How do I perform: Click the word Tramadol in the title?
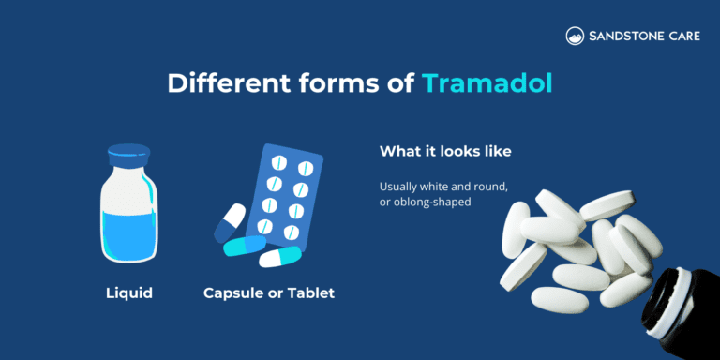(x=487, y=83)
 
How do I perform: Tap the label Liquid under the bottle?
(x=128, y=293)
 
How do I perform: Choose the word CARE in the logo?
(x=685, y=37)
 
